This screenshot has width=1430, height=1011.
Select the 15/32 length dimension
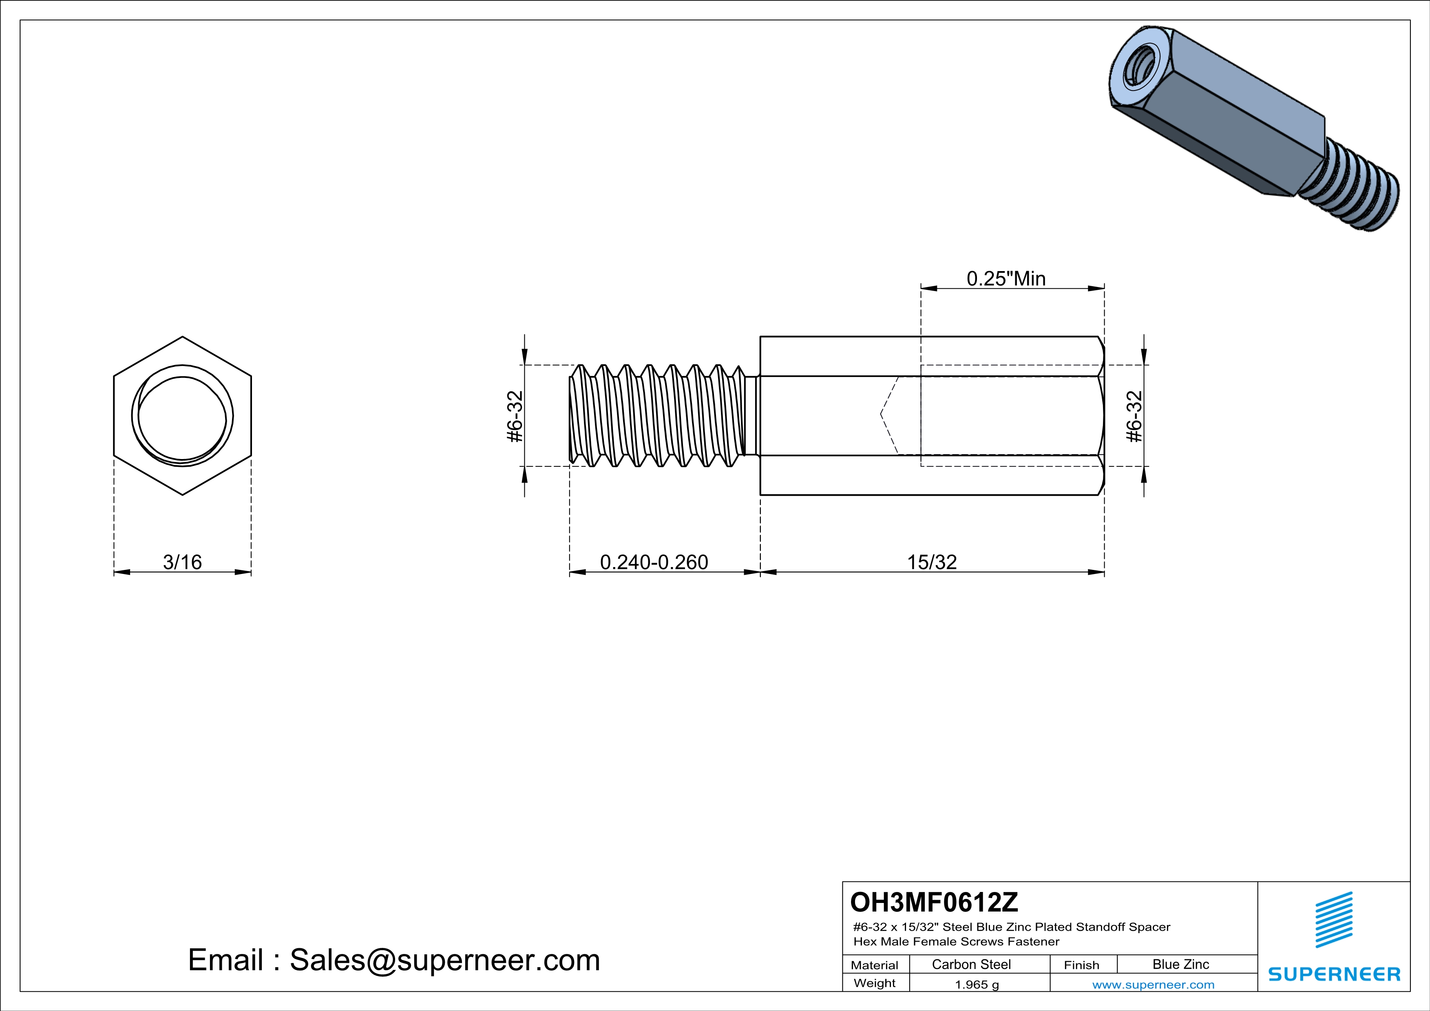coord(931,562)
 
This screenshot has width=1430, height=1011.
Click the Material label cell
coord(875,965)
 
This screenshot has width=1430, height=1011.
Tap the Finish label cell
coord(1081,965)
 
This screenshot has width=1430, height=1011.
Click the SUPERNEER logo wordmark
coord(1334,973)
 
